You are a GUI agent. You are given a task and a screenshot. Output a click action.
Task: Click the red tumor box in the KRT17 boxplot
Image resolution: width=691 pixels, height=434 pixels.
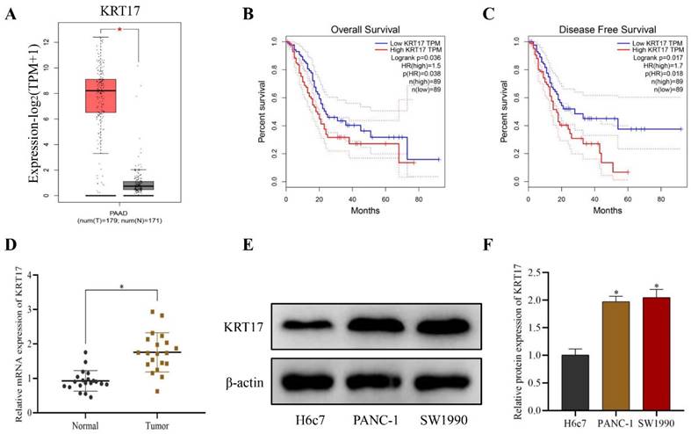pos(100,95)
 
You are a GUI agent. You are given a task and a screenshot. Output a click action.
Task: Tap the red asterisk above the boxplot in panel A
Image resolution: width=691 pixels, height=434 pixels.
pos(119,30)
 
